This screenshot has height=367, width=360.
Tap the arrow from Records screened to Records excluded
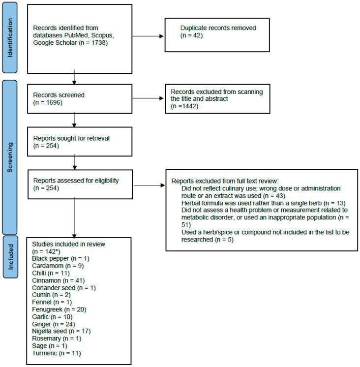coord(148,98)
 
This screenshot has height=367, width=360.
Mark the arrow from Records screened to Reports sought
coord(74,120)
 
